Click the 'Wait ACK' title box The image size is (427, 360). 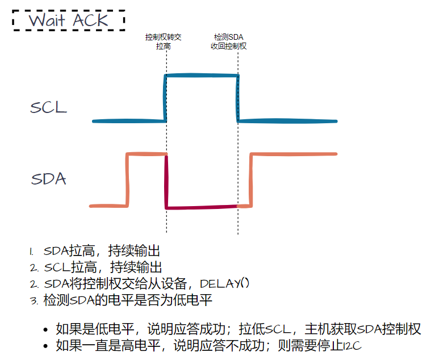pyautogui.click(x=69, y=20)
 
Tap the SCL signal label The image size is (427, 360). pyautogui.click(x=48, y=107)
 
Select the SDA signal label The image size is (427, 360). pyautogui.click(x=48, y=179)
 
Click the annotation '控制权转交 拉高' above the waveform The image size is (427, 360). pyautogui.click(x=163, y=41)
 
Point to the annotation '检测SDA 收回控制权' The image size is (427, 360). pyautogui.click(x=228, y=41)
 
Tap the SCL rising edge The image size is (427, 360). pyautogui.click(x=165, y=98)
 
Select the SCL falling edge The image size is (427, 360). pyautogui.click(x=237, y=98)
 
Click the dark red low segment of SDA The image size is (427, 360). pyautogui.click(x=201, y=207)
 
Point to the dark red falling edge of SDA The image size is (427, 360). pyautogui.click(x=166, y=181)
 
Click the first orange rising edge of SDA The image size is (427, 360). pyautogui.click(x=128, y=179)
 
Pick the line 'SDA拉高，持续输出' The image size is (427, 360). pyautogui.click(x=102, y=251)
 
